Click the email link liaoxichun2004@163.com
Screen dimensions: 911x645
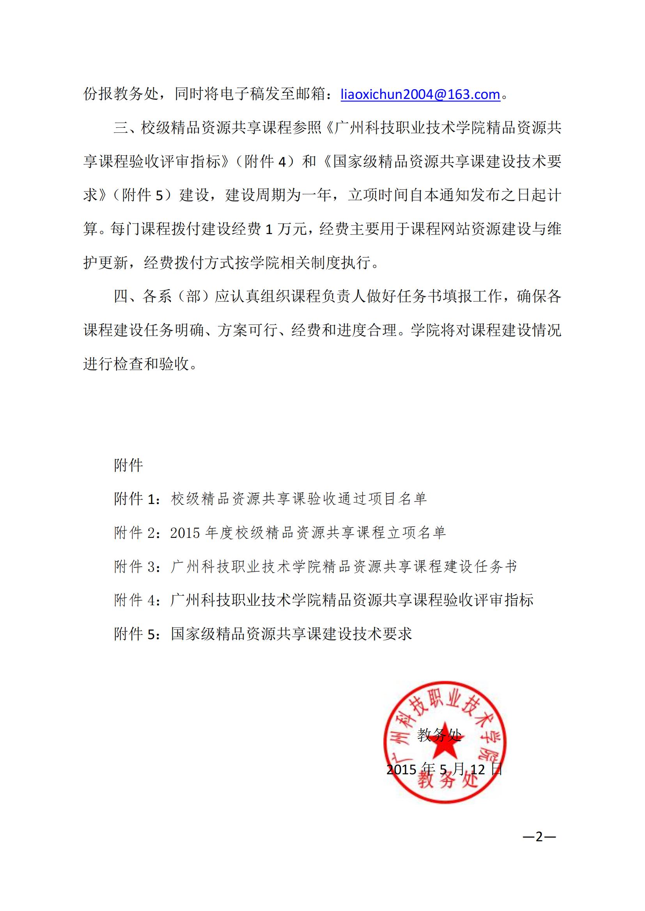tap(420, 94)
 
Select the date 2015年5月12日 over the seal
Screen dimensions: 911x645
tap(445, 769)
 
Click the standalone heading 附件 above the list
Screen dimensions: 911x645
tap(128, 465)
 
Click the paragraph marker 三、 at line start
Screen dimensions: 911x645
tap(126, 128)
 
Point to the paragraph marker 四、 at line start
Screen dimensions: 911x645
tap(126, 296)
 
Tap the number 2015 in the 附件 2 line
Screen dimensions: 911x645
tap(185, 532)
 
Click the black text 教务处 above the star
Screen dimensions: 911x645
tap(439, 735)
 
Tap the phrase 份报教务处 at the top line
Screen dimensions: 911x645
tap(121, 94)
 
